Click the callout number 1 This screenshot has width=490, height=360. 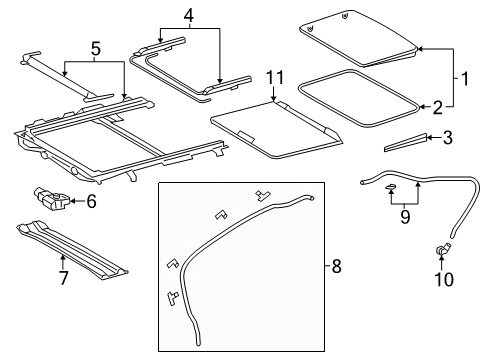[x=464, y=79]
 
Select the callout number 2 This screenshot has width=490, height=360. [x=438, y=107]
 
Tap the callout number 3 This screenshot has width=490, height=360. [x=448, y=137]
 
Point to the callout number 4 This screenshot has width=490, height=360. [x=189, y=15]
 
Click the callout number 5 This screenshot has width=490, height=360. [x=96, y=49]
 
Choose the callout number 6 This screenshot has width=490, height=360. [x=91, y=201]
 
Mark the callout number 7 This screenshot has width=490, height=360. [x=63, y=278]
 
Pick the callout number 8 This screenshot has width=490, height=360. [x=336, y=266]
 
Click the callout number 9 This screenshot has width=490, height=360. [x=405, y=217]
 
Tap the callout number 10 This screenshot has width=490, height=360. [x=444, y=279]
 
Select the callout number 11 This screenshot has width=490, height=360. [x=275, y=78]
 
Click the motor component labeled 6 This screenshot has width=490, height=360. [x=52, y=199]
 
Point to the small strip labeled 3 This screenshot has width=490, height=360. [x=405, y=143]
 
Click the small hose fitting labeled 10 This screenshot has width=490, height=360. [x=443, y=250]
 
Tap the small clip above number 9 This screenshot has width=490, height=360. [x=390, y=186]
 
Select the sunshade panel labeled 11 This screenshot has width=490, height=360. [x=276, y=129]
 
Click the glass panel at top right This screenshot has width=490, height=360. [x=359, y=38]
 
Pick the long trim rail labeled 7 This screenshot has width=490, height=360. [x=72, y=249]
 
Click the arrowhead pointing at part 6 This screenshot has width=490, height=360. [x=73, y=201]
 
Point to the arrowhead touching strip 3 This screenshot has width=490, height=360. [x=430, y=137]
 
